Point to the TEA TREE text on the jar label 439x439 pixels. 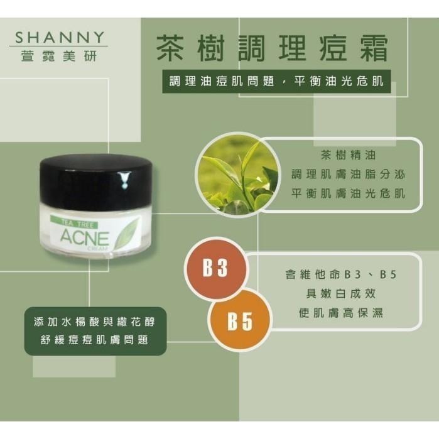coord(78,223)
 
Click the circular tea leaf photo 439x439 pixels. coord(236,173)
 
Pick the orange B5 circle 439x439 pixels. coord(239,322)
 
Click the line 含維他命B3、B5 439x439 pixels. coord(339,275)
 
